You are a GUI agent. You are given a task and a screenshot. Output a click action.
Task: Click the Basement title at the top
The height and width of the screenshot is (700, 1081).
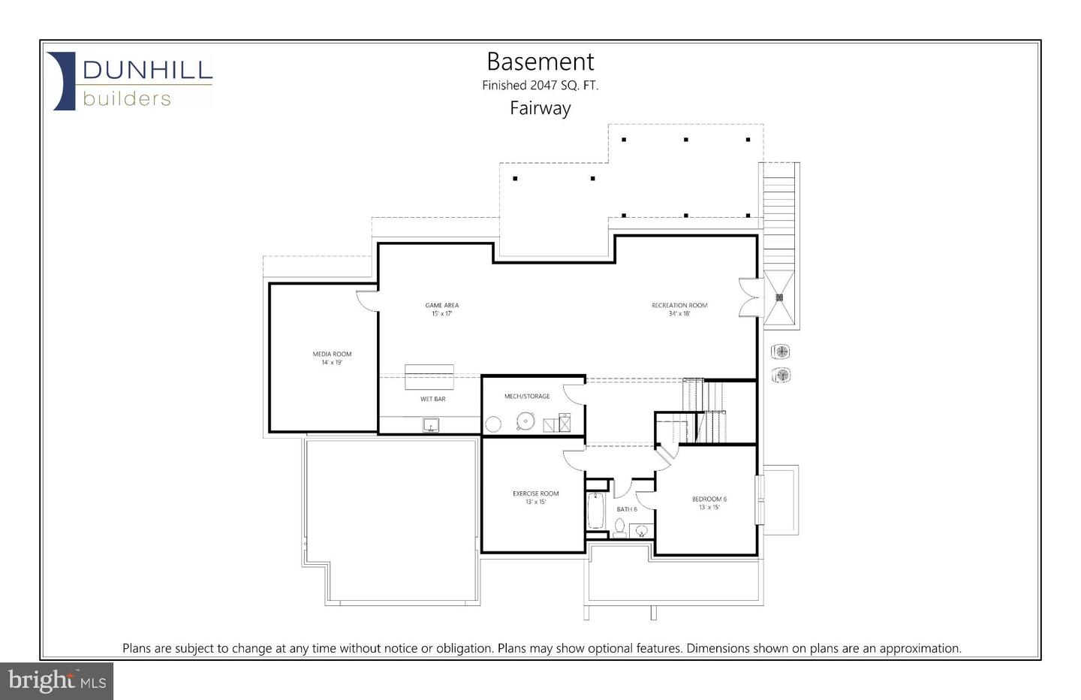(x=540, y=62)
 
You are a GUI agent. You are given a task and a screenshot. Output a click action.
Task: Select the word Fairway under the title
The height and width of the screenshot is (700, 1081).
(x=540, y=108)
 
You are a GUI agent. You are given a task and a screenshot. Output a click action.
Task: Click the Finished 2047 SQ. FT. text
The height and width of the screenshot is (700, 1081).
(x=540, y=86)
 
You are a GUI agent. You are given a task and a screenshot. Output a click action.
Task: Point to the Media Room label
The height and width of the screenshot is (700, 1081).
(x=332, y=358)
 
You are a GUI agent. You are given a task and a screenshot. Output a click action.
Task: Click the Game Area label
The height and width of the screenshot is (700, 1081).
(x=441, y=309)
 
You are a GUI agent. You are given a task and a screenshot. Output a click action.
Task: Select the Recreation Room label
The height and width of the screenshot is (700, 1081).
(x=679, y=309)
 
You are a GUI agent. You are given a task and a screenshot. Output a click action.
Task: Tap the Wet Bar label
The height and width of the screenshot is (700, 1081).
(x=432, y=399)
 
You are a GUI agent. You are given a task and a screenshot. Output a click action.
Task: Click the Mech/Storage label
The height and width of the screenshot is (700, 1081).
(x=526, y=396)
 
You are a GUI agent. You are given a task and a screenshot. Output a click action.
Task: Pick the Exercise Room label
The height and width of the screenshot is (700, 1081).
(x=535, y=497)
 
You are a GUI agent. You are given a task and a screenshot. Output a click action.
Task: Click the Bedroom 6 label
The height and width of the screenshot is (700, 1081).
(x=709, y=502)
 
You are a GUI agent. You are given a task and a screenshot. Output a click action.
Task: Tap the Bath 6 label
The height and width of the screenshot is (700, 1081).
(x=626, y=509)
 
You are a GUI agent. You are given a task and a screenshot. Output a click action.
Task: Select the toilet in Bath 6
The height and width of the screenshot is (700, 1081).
(x=619, y=528)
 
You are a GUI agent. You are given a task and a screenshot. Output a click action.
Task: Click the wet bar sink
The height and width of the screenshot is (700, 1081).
(x=431, y=425)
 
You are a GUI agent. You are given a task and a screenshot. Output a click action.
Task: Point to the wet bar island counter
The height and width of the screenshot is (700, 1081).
(x=429, y=376)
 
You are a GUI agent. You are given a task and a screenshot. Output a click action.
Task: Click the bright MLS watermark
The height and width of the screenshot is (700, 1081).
(x=57, y=681)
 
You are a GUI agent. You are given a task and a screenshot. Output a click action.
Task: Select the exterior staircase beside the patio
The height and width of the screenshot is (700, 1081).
(x=778, y=218)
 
